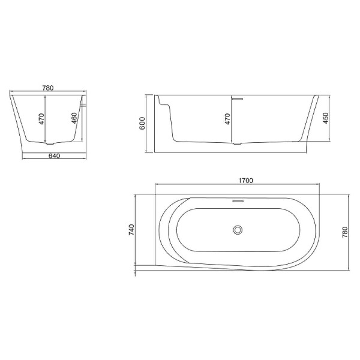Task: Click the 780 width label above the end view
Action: pos(48,88)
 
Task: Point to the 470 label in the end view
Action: pos(41,118)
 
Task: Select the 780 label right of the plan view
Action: pos(344,232)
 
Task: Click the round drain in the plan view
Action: pos(238,230)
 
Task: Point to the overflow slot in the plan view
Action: pos(238,202)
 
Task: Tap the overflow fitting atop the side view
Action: pos(238,97)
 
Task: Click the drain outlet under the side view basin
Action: pos(238,145)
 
